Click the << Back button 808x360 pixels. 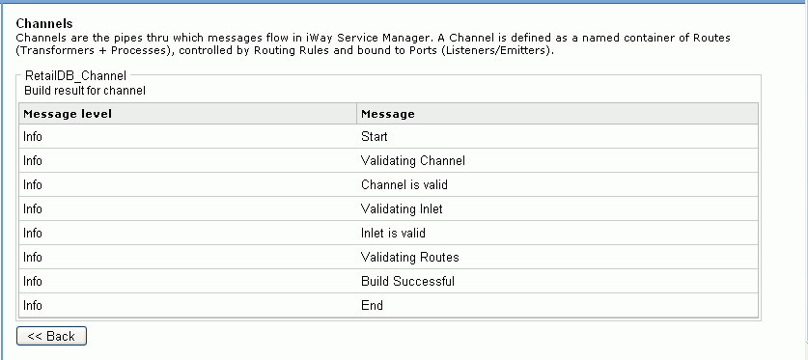click(51, 336)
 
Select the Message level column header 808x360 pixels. click(68, 114)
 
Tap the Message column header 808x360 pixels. click(388, 114)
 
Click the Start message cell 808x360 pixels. click(375, 137)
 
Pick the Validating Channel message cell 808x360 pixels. click(413, 161)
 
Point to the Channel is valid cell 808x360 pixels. click(404, 184)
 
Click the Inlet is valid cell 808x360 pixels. click(394, 233)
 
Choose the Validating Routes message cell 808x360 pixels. click(410, 258)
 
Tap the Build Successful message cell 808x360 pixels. click(408, 282)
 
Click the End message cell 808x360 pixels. click(373, 306)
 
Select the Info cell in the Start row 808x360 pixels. click(33, 137)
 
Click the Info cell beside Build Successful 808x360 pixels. click(33, 282)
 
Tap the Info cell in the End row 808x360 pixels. click(33, 306)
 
